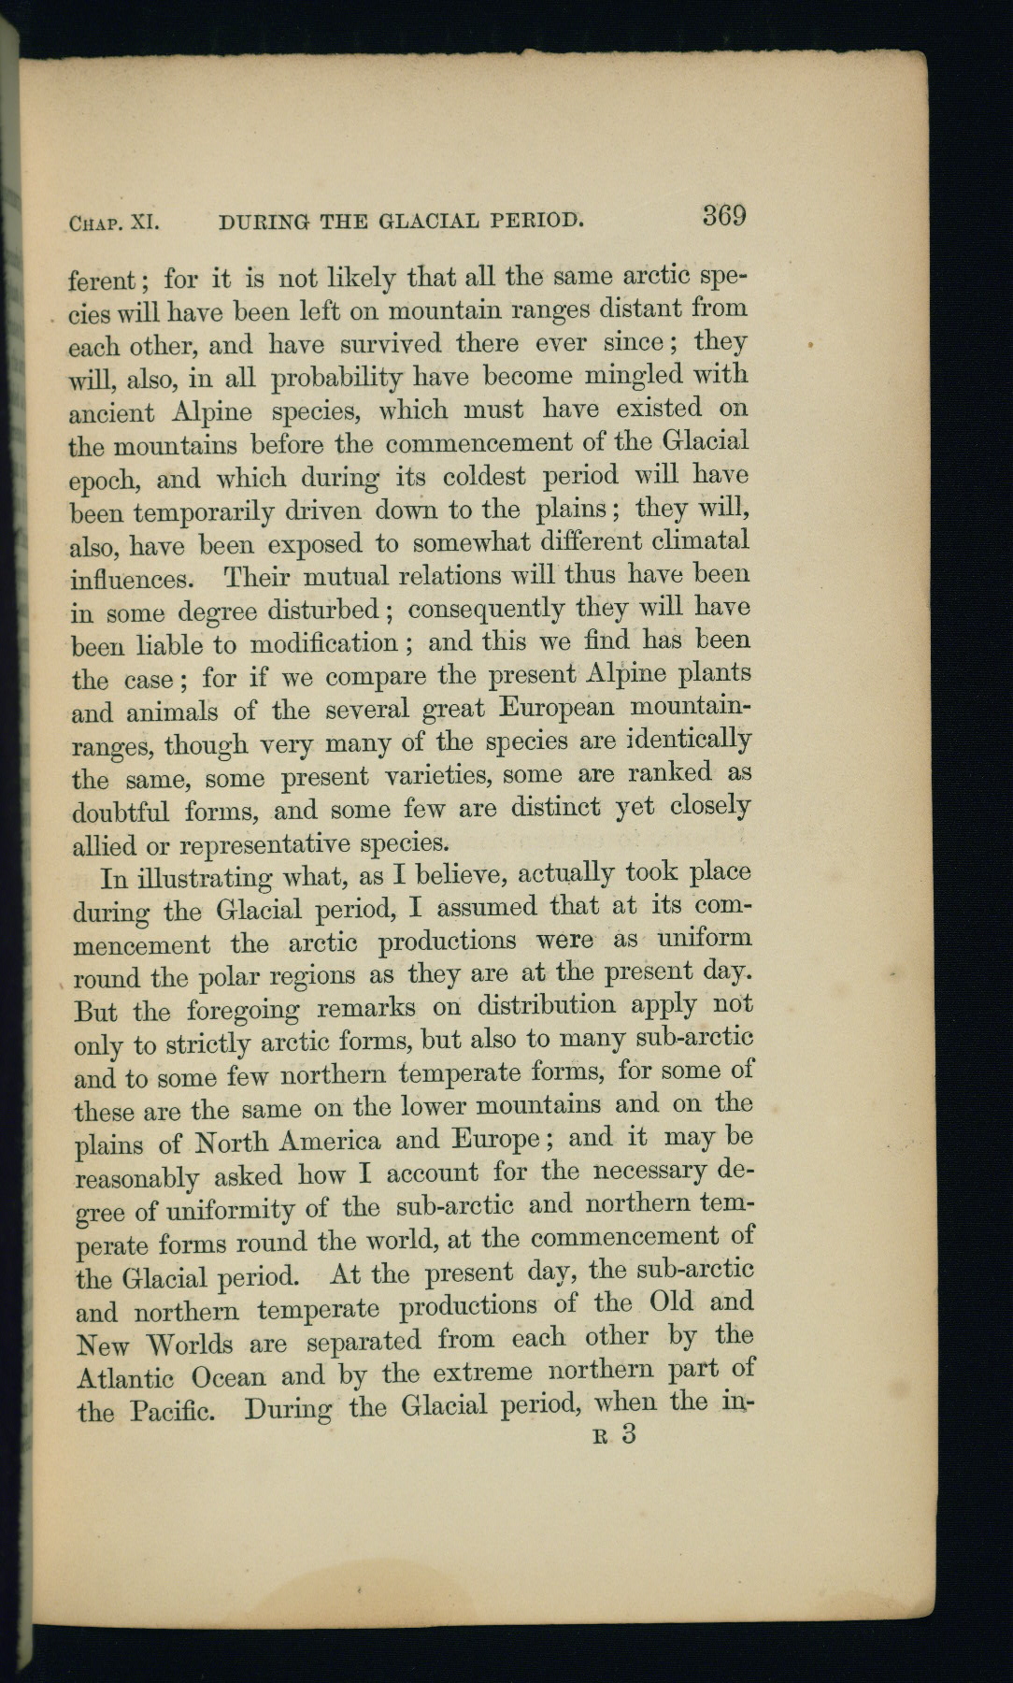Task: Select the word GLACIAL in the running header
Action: [429, 222]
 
